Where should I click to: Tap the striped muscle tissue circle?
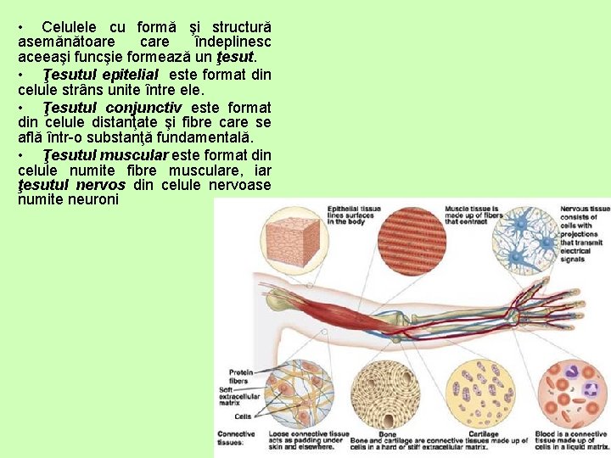(x=412, y=241)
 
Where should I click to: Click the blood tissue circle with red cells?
(x=572, y=394)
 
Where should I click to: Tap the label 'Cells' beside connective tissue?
(x=243, y=416)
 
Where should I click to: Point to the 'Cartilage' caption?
(x=484, y=434)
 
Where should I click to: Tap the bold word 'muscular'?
(x=135, y=155)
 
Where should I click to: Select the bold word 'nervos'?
(x=100, y=185)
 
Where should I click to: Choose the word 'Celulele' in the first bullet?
(x=73, y=26)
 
